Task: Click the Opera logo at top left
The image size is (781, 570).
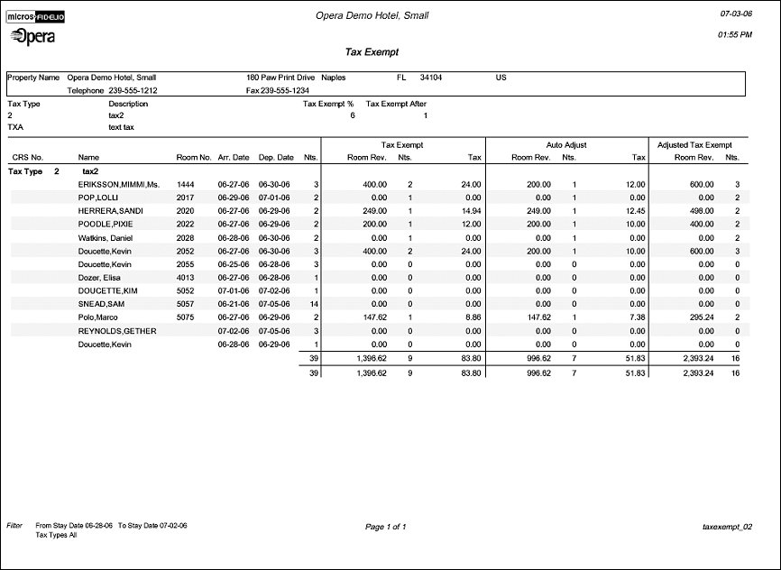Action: coord(32,36)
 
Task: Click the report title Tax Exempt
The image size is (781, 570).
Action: coord(372,52)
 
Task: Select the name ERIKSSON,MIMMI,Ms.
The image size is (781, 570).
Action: coord(118,184)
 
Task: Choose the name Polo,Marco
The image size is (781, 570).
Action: coord(101,317)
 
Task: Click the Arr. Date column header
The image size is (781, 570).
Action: coord(233,157)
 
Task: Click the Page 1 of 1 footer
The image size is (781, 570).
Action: coord(386,526)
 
